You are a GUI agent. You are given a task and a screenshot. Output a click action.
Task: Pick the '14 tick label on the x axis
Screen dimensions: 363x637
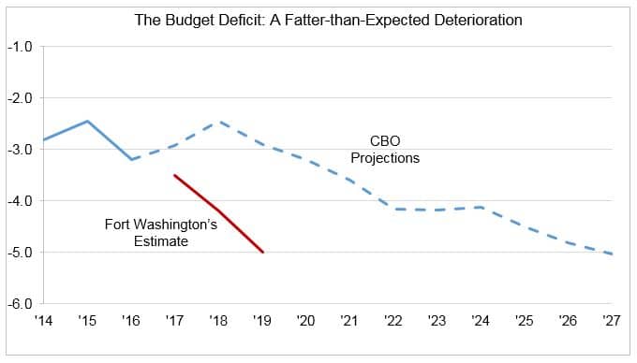pyautogui.click(x=43, y=321)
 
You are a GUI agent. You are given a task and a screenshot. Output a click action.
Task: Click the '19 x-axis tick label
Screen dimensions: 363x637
pyautogui.click(x=262, y=321)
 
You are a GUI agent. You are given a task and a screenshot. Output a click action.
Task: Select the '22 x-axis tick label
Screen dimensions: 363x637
pyautogui.click(x=393, y=321)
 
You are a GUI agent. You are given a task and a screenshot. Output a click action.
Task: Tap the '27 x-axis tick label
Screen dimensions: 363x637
pyautogui.click(x=612, y=321)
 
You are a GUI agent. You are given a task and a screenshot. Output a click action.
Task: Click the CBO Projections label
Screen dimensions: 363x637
pyautogui.click(x=384, y=150)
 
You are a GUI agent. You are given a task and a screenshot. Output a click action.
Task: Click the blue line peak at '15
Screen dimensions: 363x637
pyautogui.click(x=87, y=121)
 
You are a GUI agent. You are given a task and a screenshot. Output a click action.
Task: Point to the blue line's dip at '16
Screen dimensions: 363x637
pyautogui.click(x=131, y=160)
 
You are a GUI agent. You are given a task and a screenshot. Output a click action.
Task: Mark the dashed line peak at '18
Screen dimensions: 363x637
pyautogui.click(x=218, y=122)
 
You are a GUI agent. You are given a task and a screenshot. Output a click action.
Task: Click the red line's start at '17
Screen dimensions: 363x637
pyautogui.click(x=174, y=175)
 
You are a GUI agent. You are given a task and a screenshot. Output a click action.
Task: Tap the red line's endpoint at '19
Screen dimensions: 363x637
pyautogui.click(x=262, y=253)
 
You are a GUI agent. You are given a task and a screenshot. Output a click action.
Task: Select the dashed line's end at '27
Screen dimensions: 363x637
pyautogui.click(x=612, y=254)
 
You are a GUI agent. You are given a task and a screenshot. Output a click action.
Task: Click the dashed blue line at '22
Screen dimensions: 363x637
pyautogui.click(x=393, y=209)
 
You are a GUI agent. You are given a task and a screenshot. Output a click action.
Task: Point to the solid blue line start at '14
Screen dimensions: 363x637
pyautogui.click(x=43, y=139)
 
